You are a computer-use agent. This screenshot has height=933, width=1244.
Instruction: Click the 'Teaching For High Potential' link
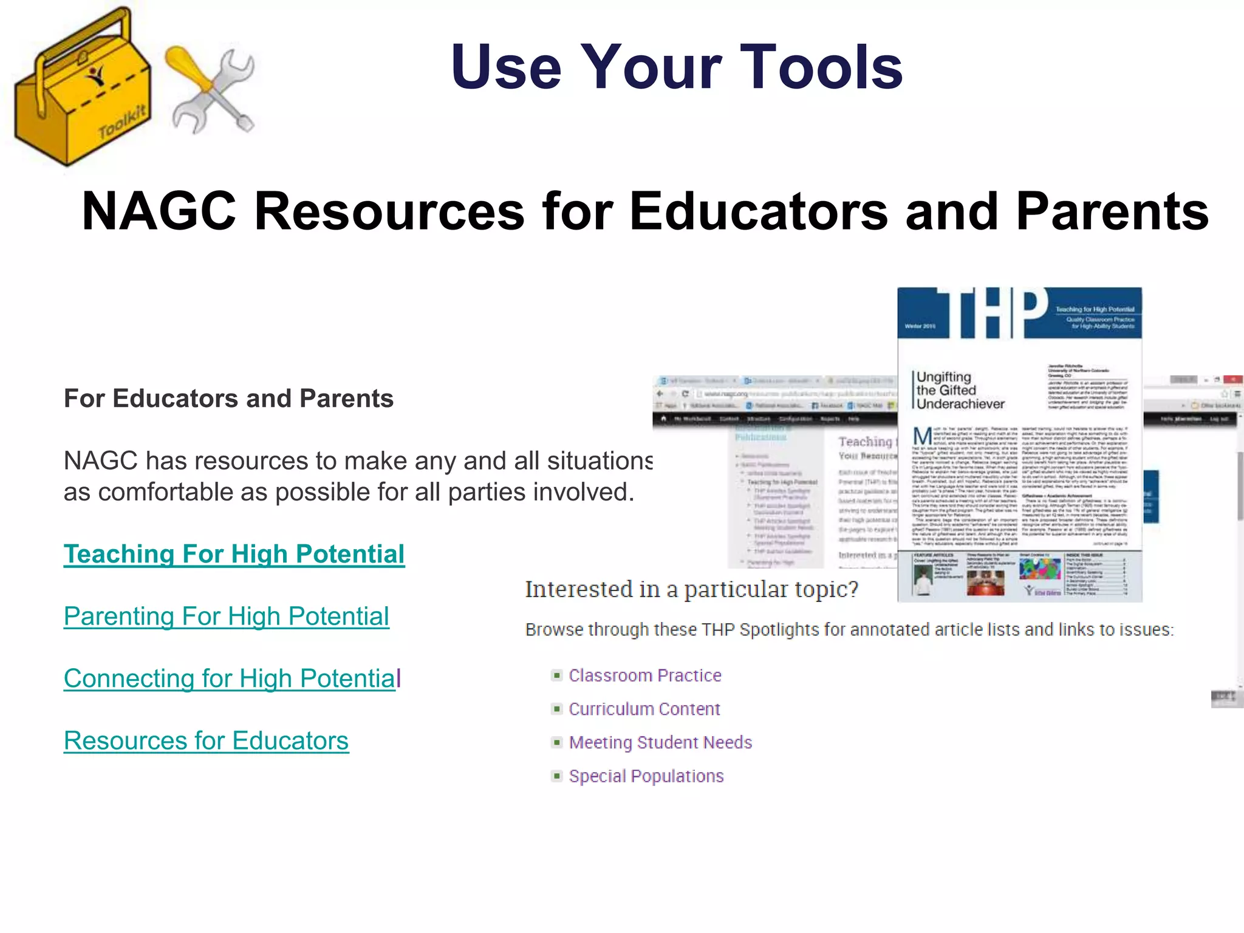tap(234, 555)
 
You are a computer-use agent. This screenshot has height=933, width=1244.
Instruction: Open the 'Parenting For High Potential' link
tap(226, 617)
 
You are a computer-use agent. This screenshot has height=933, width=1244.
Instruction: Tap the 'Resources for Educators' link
tap(206, 741)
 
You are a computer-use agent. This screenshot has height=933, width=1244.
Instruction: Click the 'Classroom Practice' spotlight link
tap(644, 675)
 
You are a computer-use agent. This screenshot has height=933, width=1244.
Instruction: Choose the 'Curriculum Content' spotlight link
tap(644, 709)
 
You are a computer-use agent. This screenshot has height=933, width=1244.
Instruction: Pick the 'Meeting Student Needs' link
tap(660, 742)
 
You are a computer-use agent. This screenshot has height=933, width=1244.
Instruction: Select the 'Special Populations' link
tap(646, 776)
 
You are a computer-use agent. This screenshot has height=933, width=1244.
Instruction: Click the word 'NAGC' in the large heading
tap(159, 211)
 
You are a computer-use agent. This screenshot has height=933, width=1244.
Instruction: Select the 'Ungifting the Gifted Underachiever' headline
tap(960, 391)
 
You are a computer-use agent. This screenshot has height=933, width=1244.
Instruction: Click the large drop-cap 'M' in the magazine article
tap(923, 436)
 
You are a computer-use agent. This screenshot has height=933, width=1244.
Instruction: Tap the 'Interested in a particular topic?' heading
tap(691, 589)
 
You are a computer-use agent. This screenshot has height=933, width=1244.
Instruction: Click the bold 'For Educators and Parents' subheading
tap(228, 399)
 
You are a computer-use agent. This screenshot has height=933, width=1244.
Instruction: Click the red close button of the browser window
tap(1232, 380)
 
